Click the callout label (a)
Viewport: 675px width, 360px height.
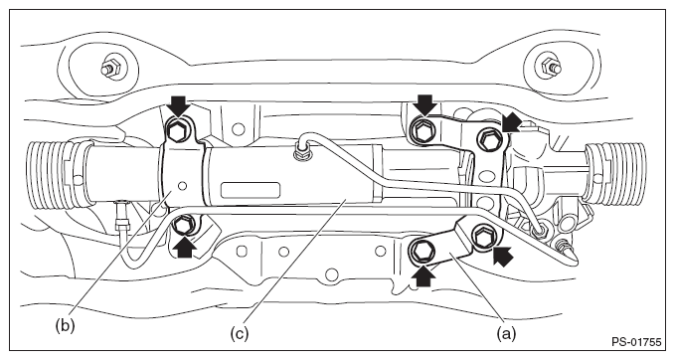click(506, 333)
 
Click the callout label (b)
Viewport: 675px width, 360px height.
click(65, 325)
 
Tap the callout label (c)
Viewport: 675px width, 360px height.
click(239, 333)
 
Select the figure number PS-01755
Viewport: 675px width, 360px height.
click(636, 343)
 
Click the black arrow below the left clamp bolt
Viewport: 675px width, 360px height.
click(185, 247)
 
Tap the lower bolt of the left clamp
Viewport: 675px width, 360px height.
click(182, 225)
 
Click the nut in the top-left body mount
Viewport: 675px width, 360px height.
click(109, 68)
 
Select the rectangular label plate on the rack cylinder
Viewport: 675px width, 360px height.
click(251, 190)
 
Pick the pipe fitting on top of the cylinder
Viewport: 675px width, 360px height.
click(299, 152)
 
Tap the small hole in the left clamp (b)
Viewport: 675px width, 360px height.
click(183, 186)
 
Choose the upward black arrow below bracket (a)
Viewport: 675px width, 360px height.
click(424, 275)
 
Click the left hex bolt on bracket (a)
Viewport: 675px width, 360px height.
click(419, 250)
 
